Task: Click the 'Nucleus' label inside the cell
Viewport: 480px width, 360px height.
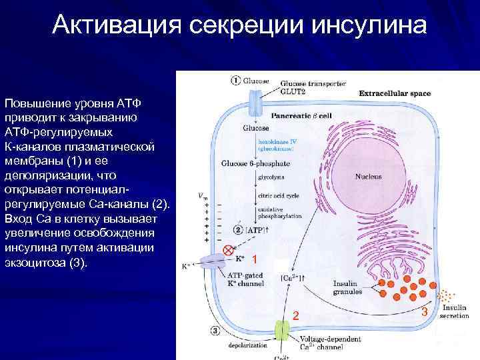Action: [368, 177]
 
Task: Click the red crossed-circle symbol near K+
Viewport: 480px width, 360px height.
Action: [228, 250]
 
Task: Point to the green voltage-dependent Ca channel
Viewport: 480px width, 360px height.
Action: [281, 331]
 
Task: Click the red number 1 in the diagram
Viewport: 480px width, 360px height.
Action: [254, 258]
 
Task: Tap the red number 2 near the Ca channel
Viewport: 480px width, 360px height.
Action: [296, 315]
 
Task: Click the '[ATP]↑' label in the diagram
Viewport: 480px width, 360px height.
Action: [257, 230]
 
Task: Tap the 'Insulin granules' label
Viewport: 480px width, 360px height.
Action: [347, 287]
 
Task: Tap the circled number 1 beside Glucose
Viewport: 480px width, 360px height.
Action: [235, 81]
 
